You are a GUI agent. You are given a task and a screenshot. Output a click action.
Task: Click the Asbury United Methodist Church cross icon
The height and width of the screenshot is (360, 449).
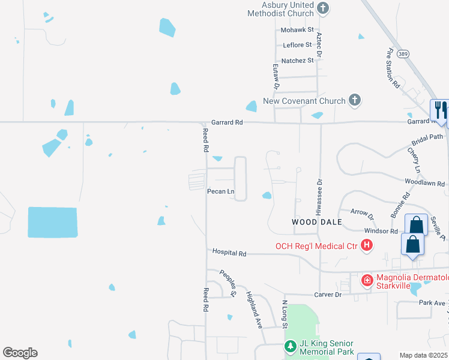(324, 8)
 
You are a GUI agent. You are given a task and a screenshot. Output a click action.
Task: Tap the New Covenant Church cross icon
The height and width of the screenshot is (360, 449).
(355, 100)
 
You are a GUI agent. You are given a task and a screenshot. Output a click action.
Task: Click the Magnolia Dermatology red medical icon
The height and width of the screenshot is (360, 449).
(366, 280)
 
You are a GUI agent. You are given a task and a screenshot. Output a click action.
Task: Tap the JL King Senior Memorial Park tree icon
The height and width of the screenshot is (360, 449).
(291, 347)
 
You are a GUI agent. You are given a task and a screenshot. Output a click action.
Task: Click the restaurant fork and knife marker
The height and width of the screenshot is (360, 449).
(440, 110)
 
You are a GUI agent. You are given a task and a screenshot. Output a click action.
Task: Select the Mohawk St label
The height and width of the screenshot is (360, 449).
(297, 29)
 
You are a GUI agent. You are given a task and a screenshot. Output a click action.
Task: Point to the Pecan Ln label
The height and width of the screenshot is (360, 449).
(219, 191)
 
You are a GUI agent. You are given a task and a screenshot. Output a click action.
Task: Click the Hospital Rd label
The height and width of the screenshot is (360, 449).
(229, 254)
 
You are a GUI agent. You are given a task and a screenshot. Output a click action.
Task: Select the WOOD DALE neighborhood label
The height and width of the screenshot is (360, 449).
(316, 222)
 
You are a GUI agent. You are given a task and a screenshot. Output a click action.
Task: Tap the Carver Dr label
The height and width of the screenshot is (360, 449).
(328, 295)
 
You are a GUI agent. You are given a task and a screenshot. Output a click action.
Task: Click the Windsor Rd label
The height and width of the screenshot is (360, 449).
(381, 231)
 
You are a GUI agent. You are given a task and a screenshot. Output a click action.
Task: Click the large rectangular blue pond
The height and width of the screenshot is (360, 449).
(53, 222)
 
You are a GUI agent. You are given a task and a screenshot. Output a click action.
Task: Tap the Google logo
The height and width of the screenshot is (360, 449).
(20, 353)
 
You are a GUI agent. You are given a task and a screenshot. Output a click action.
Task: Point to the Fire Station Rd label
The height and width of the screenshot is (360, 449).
(393, 68)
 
